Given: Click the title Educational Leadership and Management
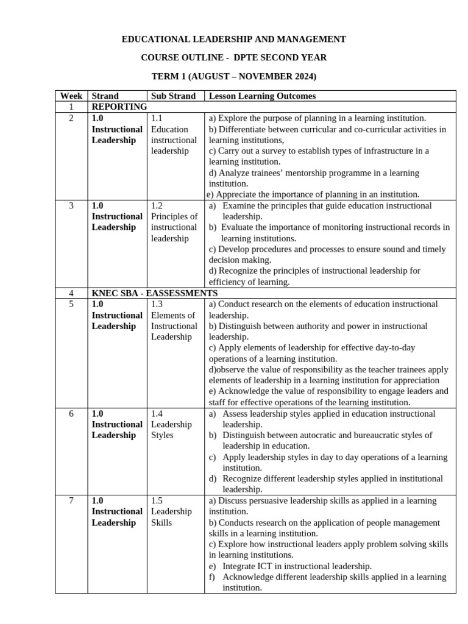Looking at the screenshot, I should [x=234, y=39].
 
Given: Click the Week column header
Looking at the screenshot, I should [x=71, y=96].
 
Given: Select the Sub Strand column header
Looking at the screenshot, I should [x=173, y=96].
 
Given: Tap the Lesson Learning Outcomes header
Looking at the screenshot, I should [x=262, y=96].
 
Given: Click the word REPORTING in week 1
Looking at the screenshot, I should [x=119, y=107].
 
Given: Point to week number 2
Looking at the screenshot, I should [x=71, y=118].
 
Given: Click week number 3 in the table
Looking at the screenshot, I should [x=71, y=205].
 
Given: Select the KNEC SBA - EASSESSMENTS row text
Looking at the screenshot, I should [x=154, y=293].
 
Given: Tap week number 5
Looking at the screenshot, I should [x=71, y=304].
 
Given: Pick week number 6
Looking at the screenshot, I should [x=71, y=413].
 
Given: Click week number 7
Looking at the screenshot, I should [x=71, y=500].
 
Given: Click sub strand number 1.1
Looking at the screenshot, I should [x=157, y=118].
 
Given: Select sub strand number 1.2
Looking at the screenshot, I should [x=157, y=205].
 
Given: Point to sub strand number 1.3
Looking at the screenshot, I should [x=157, y=304].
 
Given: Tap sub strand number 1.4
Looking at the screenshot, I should [x=157, y=413].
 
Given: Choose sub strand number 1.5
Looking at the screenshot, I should [x=157, y=500].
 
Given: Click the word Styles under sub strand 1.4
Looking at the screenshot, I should [x=162, y=435].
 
